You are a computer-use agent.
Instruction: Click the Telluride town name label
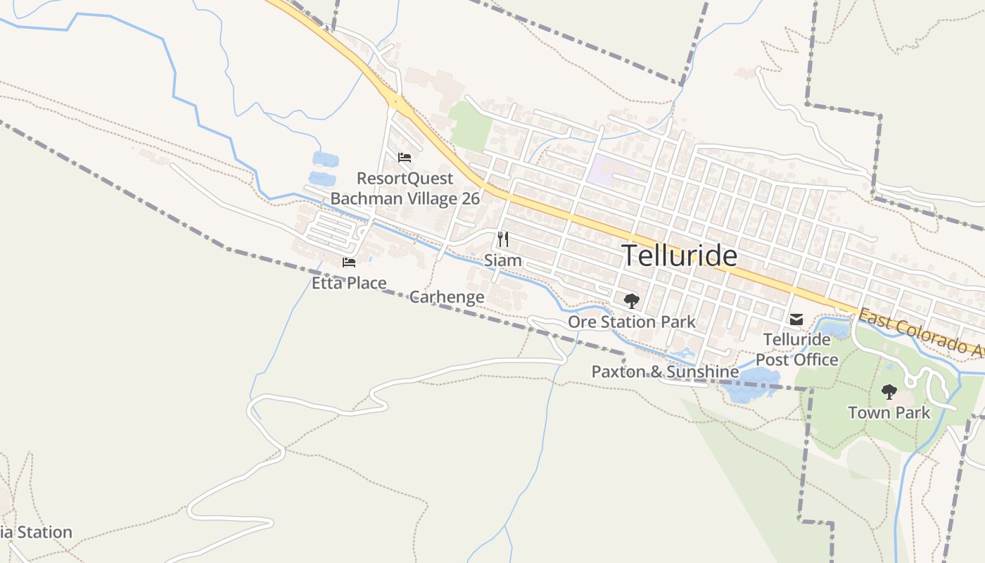pos(680,255)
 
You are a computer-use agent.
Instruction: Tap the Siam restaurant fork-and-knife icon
pos(502,239)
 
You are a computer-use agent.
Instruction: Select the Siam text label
pos(502,260)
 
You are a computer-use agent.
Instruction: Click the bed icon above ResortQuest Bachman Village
pos(404,158)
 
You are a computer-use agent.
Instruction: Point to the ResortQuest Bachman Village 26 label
pos(405,189)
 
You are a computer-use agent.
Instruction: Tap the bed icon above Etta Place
pos(349,262)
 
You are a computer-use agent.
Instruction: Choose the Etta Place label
pos(349,283)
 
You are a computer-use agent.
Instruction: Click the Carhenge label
pos(446,297)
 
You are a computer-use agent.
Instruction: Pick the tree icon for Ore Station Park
pos(631,301)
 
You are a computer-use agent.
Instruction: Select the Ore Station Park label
pos(631,322)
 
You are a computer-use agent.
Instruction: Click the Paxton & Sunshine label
pos(665,372)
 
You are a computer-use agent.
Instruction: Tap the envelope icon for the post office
pos(796,320)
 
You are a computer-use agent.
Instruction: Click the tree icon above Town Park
pos(889,392)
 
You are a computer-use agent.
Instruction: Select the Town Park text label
pos(889,412)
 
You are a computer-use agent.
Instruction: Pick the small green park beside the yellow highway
pos(471,126)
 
